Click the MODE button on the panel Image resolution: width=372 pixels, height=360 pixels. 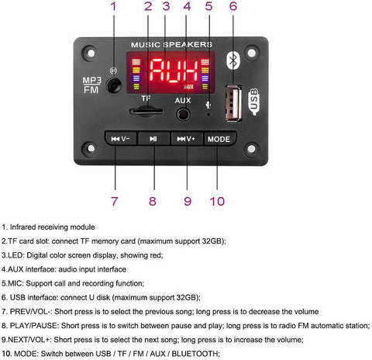coord(220,139)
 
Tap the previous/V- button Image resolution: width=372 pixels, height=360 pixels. coord(121,138)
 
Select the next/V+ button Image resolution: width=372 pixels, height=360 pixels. coord(187,139)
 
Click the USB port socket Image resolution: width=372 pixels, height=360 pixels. coord(233,103)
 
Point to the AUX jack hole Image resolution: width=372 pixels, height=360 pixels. coord(183,114)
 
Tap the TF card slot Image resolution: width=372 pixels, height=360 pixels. coord(146,111)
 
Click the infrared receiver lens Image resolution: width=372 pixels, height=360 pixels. coord(114,85)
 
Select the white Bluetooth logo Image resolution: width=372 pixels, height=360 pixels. coord(233,61)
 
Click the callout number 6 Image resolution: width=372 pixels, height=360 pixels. coord(233,6)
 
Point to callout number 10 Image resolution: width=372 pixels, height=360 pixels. coord(217,201)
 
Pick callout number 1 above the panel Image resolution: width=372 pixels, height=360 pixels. coord(113,6)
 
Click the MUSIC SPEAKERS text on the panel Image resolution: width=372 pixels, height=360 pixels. coord(171,45)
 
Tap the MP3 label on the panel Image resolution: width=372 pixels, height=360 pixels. coord(91,80)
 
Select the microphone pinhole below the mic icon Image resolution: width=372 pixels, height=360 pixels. coord(208,114)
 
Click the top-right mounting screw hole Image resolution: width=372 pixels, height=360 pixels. coord(252,53)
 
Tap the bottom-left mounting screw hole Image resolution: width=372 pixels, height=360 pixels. coord(91,148)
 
